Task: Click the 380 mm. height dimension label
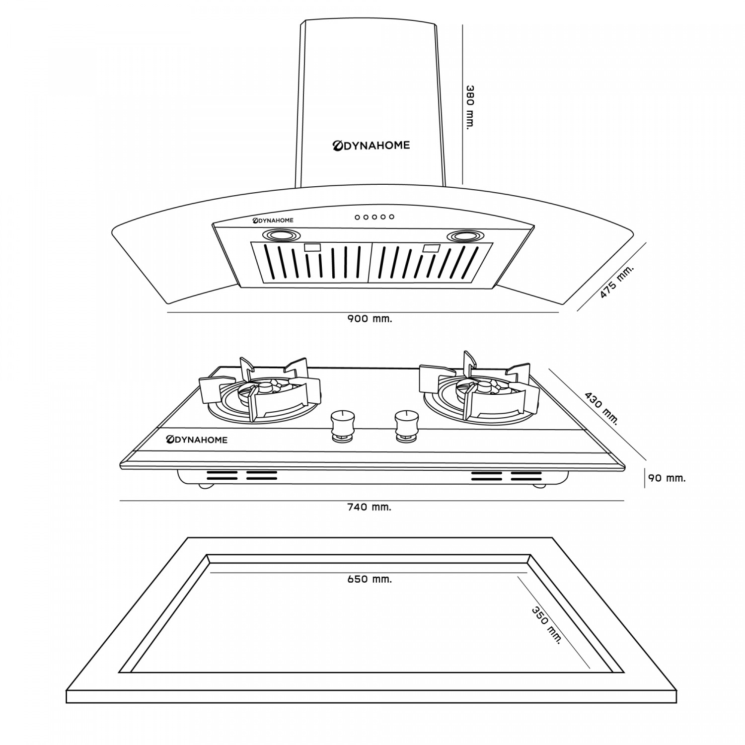tap(470, 107)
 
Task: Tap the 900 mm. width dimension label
tap(370, 319)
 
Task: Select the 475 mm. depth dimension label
tap(616, 282)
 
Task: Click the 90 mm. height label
tap(667, 478)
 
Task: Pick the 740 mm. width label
tap(369, 507)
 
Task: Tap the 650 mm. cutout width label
tap(370, 579)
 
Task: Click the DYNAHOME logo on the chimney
tap(371, 145)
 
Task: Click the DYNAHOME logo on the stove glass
tap(197, 440)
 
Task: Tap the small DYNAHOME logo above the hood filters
tap(273, 220)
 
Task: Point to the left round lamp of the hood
tap(281, 235)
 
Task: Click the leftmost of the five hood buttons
tap(357, 217)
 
